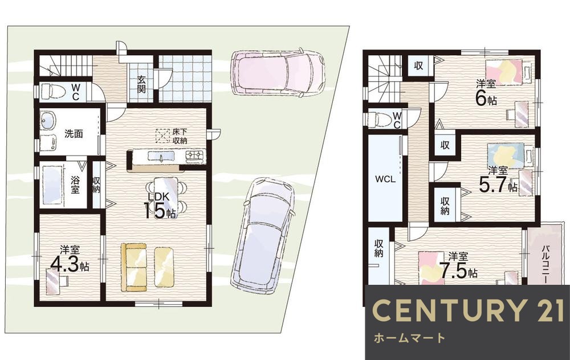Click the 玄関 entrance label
(x=141, y=84)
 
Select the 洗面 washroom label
(x=74, y=134)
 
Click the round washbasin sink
(x=48, y=120)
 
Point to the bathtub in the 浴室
(x=52, y=185)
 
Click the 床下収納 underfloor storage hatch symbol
(x=162, y=136)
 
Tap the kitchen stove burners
(x=196, y=156)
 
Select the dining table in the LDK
(x=166, y=195)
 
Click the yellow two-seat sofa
(x=134, y=267)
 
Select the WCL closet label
(x=385, y=179)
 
